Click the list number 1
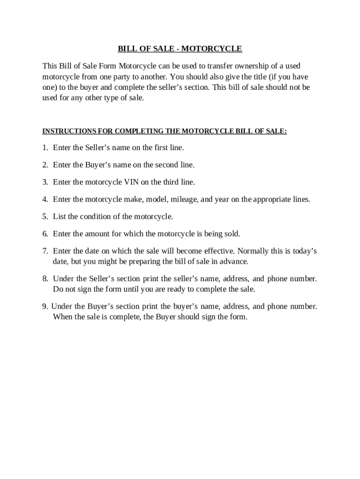(44, 148)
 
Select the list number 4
(44, 199)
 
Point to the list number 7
(44, 251)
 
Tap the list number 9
(44, 306)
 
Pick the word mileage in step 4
(187, 199)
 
